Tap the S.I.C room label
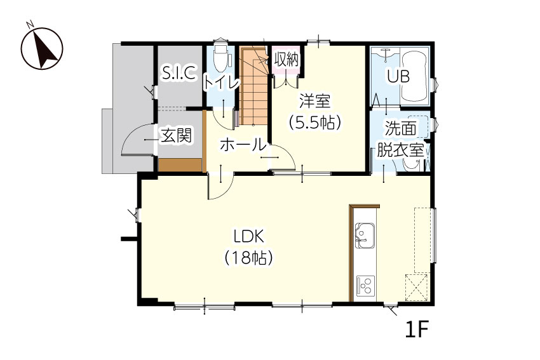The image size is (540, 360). click(x=179, y=72)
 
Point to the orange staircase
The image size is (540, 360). click(x=254, y=86)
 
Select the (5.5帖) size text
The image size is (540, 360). click(x=314, y=122)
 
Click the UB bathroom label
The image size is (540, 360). click(x=398, y=76)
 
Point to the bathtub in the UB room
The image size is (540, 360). click(x=415, y=76)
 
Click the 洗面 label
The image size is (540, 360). click(x=400, y=128)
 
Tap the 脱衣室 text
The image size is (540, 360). click(x=400, y=150)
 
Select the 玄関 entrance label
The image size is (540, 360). click(x=177, y=135)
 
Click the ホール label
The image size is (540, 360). click(x=243, y=145)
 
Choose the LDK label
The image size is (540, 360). click(x=248, y=237)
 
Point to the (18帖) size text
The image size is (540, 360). click(x=248, y=257)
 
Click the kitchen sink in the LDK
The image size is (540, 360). click(x=365, y=236)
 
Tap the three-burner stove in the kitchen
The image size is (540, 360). click(x=365, y=286)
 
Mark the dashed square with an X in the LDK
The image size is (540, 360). click(x=416, y=288)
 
